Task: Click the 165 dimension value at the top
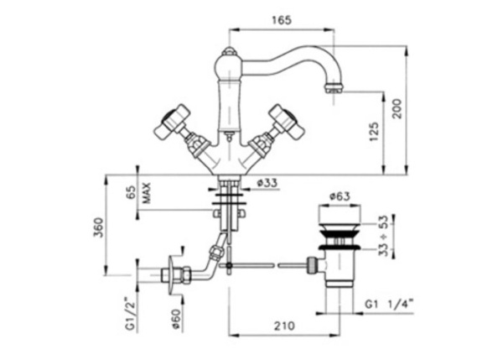(282, 20)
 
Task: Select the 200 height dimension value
(397, 108)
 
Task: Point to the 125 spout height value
(375, 132)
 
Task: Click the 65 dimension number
(131, 192)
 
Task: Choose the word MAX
(146, 193)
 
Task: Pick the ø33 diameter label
(267, 183)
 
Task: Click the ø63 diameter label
(340, 196)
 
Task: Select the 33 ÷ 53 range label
(383, 236)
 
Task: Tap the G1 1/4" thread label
(389, 304)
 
